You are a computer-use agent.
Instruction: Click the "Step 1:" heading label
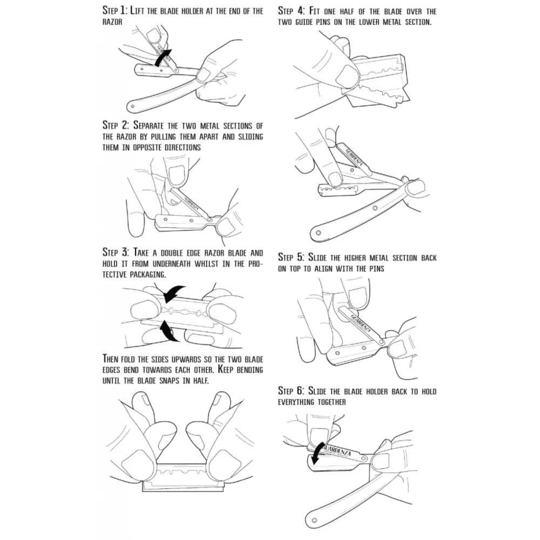[115, 11]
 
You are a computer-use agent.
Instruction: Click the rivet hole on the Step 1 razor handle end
[131, 105]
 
